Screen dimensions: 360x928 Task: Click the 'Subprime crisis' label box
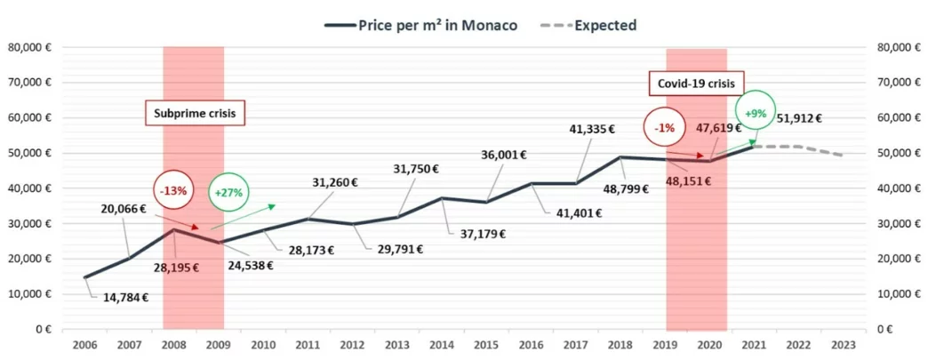click(x=195, y=114)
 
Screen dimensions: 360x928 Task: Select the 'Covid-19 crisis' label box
click(x=696, y=83)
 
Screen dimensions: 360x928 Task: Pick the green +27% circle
click(x=228, y=190)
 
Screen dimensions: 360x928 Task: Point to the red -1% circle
click(x=665, y=128)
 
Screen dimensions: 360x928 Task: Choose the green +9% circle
click(x=755, y=113)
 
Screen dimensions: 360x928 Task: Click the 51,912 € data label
click(x=798, y=117)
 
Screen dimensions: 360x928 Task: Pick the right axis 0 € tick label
click(x=894, y=330)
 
